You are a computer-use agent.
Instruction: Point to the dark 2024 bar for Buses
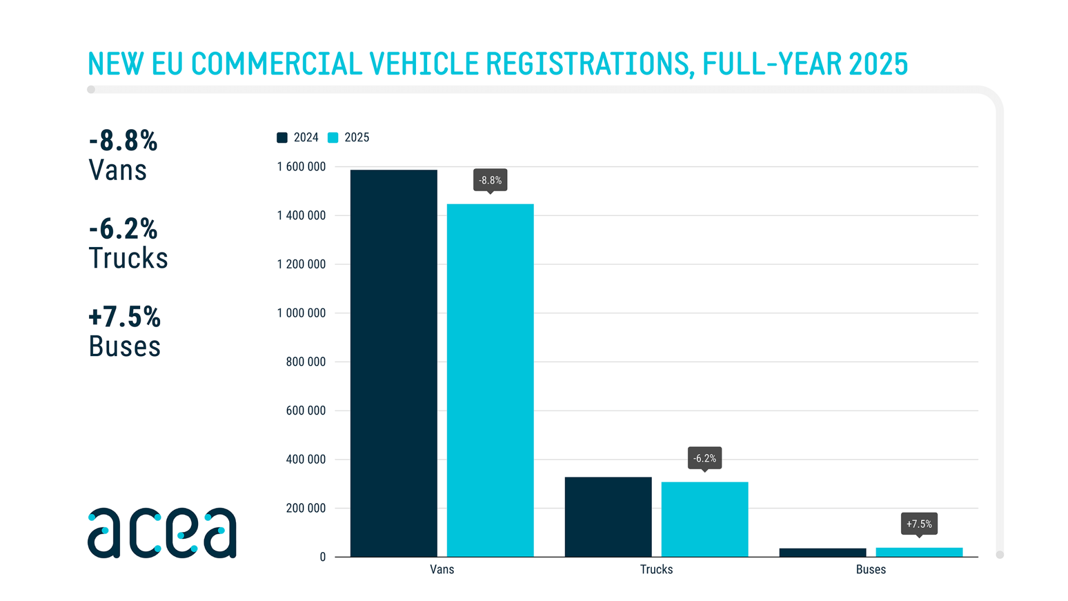click(x=822, y=553)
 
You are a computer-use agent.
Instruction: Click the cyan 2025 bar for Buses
click(x=919, y=552)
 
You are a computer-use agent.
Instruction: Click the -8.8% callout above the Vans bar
click(x=490, y=180)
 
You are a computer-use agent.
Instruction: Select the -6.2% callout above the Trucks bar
click(x=704, y=459)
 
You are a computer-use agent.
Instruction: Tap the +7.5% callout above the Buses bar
click(x=919, y=524)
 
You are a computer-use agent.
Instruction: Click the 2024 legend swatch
click(x=282, y=137)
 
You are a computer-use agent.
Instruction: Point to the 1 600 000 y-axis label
click(x=301, y=167)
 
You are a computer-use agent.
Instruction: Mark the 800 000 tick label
click(x=305, y=362)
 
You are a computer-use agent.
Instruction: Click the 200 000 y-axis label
click(x=305, y=508)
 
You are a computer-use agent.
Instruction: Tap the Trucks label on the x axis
click(x=656, y=569)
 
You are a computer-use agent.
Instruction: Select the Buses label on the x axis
click(x=871, y=569)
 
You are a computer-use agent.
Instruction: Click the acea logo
click(x=162, y=533)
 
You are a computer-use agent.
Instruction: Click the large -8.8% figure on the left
click(x=123, y=141)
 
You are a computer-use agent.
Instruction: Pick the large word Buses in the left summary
click(x=125, y=346)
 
